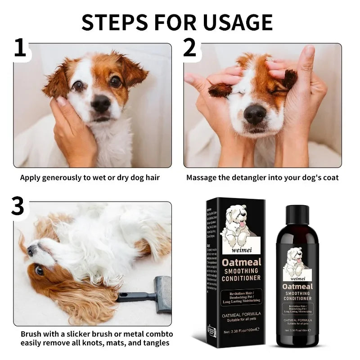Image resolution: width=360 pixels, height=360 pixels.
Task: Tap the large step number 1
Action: pos(20,49)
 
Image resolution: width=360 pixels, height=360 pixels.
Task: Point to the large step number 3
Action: pos(18,207)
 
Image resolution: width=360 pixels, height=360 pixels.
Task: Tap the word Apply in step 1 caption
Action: pos(31,177)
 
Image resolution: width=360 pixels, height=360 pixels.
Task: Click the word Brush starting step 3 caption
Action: pos(32,334)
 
